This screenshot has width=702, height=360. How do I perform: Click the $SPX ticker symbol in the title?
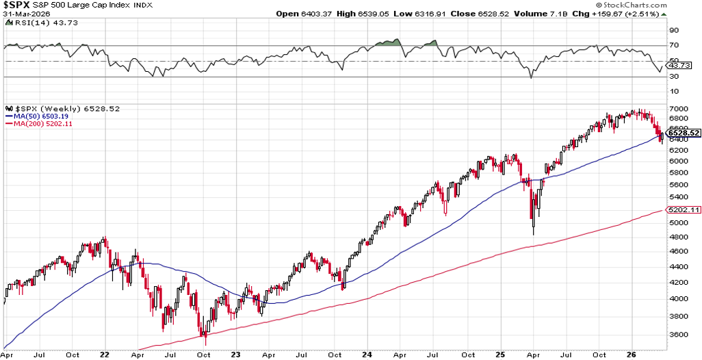[16, 5]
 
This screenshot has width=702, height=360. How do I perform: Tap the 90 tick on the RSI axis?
[674, 30]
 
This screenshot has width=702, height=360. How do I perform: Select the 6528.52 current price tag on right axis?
[684, 133]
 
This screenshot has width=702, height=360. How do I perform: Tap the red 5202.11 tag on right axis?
[684, 211]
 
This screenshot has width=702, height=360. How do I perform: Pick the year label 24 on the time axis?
[367, 355]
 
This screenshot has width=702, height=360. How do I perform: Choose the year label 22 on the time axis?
[104, 355]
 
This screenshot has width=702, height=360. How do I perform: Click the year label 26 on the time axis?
[633, 355]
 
